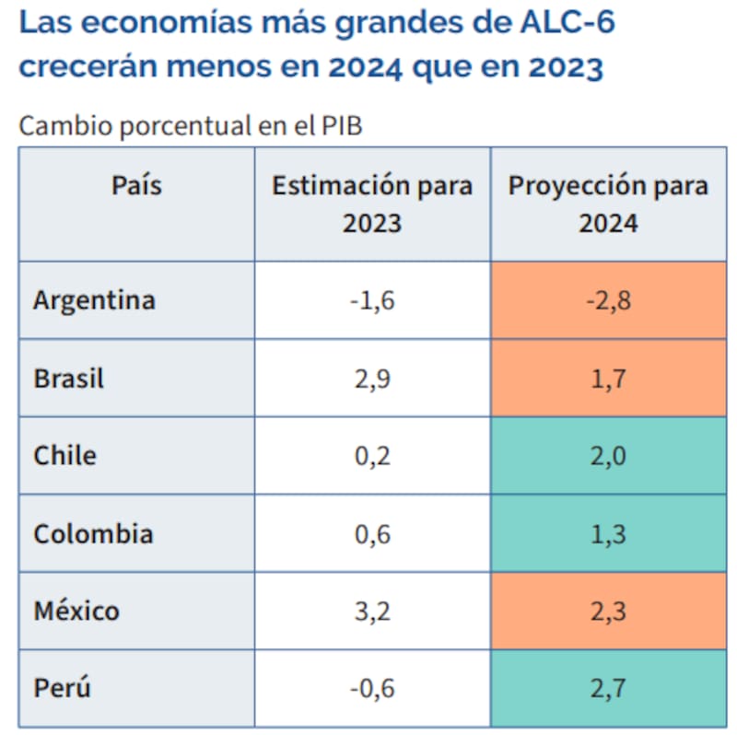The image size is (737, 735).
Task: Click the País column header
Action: [x=136, y=185]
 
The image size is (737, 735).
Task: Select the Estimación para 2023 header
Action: [x=372, y=204]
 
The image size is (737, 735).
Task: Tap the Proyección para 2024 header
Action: [x=608, y=204]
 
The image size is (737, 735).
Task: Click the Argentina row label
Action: [x=94, y=300]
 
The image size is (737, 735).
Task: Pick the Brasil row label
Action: [x=69, y=379]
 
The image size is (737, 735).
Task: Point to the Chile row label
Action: [x=64, y=456]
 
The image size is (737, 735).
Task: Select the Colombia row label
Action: [x=93, y=534]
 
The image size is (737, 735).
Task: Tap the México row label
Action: [x=76, y=611]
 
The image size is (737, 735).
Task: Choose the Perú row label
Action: [x=63, y=688]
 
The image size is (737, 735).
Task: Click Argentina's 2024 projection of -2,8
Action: [x=608, y=300]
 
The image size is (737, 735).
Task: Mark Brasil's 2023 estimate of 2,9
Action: [x=372, y=379]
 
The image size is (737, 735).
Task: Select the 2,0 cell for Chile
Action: [x=608, y=456]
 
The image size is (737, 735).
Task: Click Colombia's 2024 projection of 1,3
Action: [x=608, y=534]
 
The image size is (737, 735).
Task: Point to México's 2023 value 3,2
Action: [x=372, y=611]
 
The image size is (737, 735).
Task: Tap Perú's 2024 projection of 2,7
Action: [x=608, y=688]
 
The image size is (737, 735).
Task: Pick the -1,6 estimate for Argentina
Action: [x=372, y=300]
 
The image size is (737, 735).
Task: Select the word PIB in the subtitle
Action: [x=341, y=126]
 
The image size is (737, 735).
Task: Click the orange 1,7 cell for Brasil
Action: [x=608, y=379]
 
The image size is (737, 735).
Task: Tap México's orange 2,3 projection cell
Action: [x=608, y=611]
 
